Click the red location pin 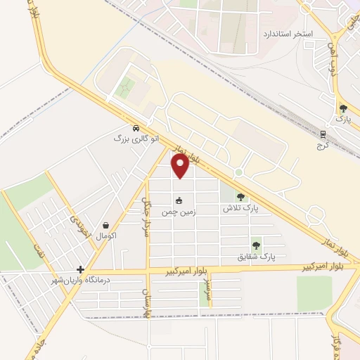pyautogui.click(x=181, y=166)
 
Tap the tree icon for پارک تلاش pyautogui.click(x=241, y=198)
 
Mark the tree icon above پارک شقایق pyautogui.click(x=256, y=246)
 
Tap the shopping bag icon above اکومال pyautogui.click(x=105, y=226)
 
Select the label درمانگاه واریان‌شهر pyautogui.click(x=86, y=281)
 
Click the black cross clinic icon pyautogui.click(x=81, y=269)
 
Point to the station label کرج pyautogui.click(x=323, y=144)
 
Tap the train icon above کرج pyautogui.click(x=323, y=134)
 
